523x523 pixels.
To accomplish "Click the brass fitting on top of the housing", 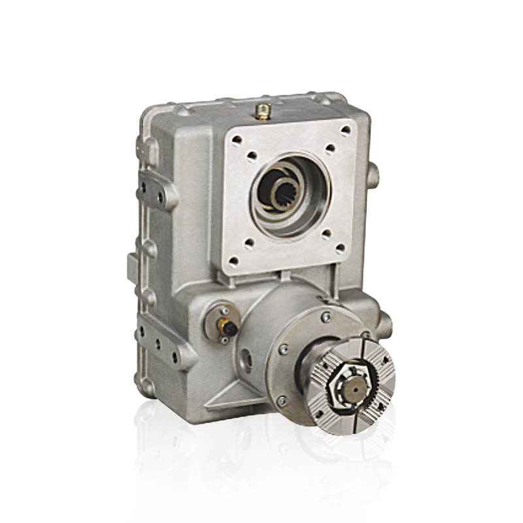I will click(x=262, y=111).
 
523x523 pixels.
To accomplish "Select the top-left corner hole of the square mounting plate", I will click(x=237, y=139).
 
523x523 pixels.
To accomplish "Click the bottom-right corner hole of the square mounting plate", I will click(x=340, y=248).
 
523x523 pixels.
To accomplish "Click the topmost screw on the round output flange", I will click(x=326, y=317).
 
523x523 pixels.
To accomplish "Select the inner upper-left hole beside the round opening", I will click(x=252, y=156).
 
